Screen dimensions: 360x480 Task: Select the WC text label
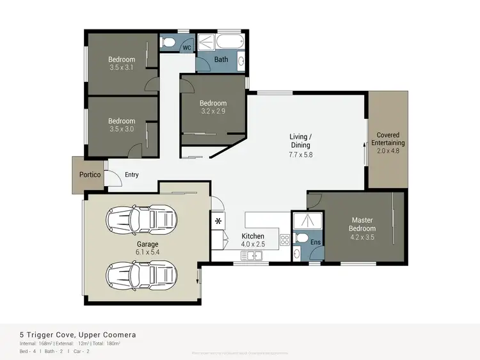186,47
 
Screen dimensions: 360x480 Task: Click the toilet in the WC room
168,43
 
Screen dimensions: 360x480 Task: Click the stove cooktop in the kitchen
285,239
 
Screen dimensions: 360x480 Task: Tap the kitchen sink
253,256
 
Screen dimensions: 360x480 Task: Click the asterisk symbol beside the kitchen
218,221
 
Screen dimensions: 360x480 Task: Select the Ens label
315,243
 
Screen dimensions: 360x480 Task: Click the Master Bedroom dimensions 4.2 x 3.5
362,237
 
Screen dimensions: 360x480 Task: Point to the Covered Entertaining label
388,139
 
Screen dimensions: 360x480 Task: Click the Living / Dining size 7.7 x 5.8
300,154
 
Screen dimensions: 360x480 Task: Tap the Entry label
132,175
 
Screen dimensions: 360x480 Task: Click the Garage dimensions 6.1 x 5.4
147,253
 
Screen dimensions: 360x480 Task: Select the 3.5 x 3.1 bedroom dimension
122,68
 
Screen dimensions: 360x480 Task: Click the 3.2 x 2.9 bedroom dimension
212,111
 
